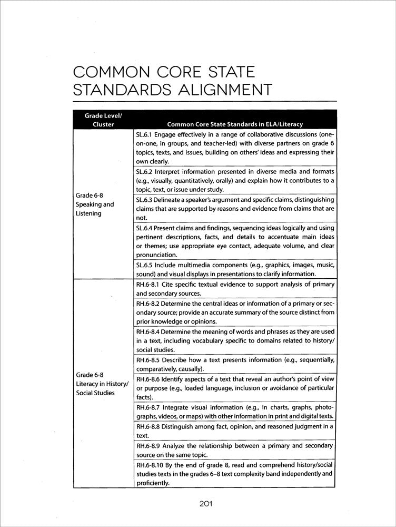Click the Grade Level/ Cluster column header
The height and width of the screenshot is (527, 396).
(103, 120)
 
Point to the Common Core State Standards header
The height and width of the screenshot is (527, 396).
(234, 124)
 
